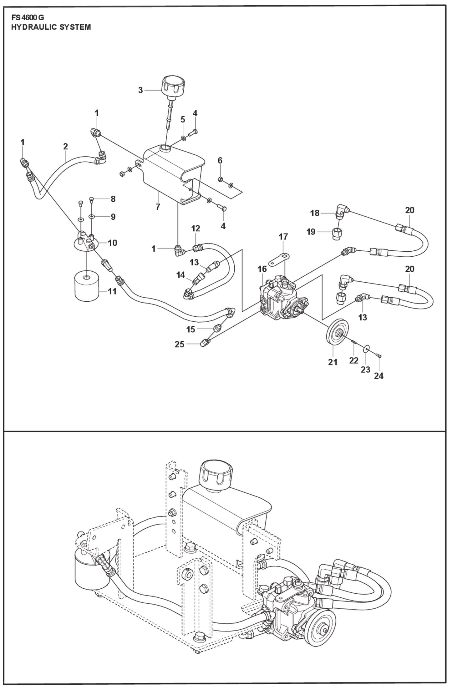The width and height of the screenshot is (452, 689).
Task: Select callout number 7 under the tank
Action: coord(158,207)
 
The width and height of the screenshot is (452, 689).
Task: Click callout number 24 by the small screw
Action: coord(378,375)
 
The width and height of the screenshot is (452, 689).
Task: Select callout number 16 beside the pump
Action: coord(262,269)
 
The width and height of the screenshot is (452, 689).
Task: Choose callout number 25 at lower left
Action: coord(180,344)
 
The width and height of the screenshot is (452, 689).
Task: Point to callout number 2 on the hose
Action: coord(65,146)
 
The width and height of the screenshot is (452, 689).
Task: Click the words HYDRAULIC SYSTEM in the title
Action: coord(51,27)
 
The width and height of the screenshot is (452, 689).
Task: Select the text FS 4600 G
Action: coord(28,18)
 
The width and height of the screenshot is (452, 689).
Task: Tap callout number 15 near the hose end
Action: coord(190,329)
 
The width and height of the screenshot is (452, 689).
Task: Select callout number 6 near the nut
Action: coord(220,160)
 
